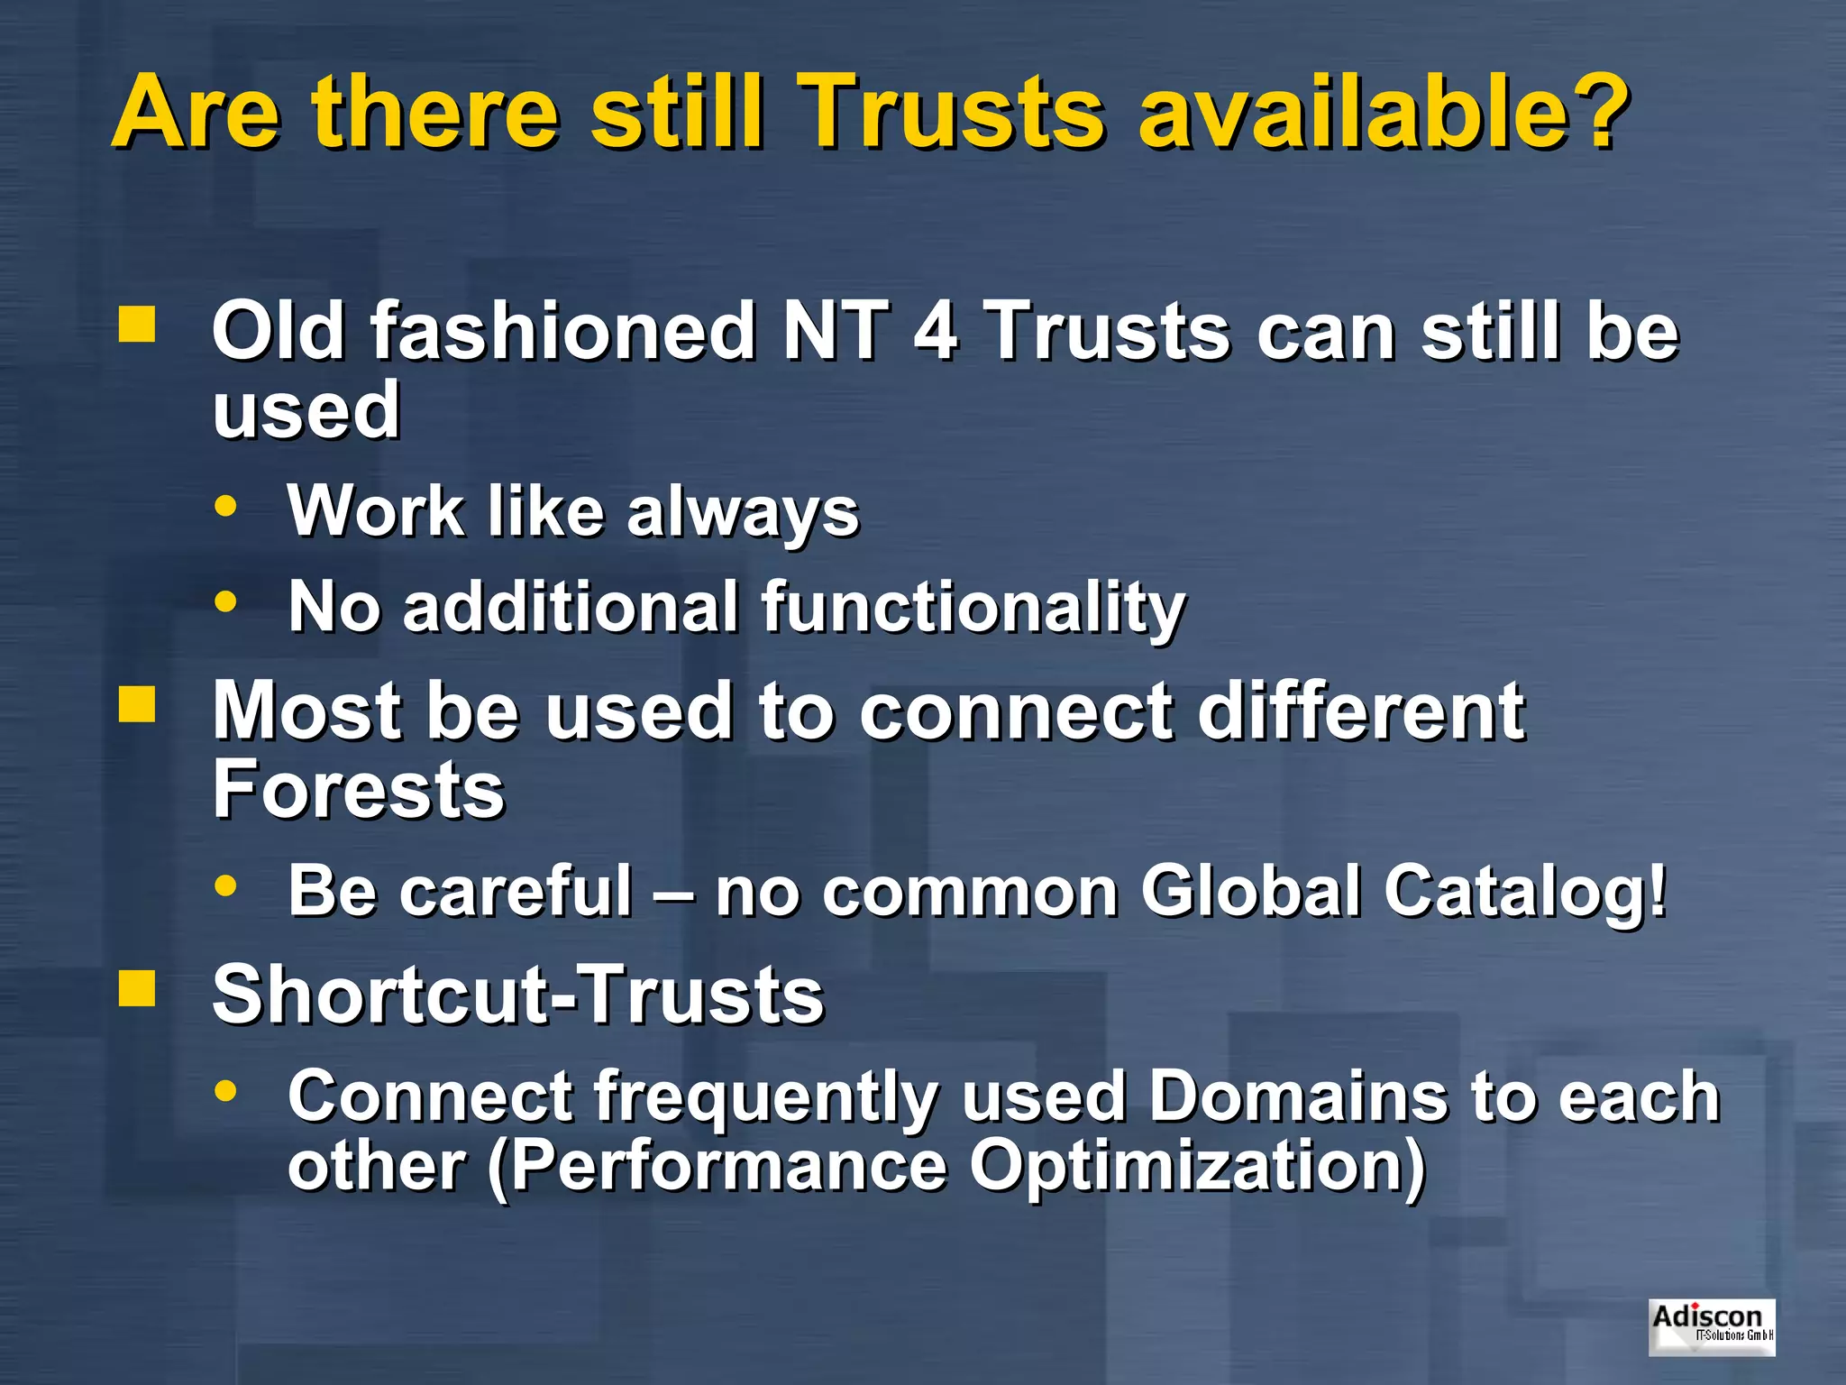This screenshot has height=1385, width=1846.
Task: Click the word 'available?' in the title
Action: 1383,112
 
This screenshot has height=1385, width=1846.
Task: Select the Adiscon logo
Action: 1712,1326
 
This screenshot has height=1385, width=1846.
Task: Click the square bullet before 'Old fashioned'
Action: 137,325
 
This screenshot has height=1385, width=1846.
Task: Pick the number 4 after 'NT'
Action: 935,331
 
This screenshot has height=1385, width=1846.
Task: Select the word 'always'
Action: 743,512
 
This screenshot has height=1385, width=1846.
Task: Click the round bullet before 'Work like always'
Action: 225,506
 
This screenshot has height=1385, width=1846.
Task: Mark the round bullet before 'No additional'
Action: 225,601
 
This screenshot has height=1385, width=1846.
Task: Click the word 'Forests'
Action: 358,789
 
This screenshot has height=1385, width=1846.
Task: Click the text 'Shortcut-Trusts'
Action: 518,995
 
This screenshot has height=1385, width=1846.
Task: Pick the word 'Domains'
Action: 1297,1096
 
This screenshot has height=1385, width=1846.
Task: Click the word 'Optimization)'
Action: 1198,1166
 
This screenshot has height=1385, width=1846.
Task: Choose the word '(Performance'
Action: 717,1166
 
